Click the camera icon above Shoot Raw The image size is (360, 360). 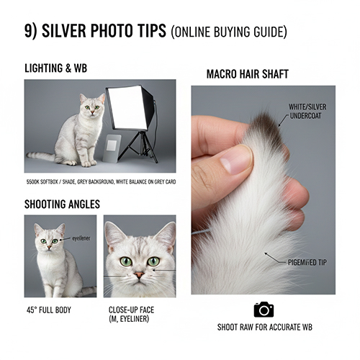tap(264, 309)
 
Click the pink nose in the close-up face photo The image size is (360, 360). tap(139, 275)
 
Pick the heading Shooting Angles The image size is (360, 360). tap(62, 204)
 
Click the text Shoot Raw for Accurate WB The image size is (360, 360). tap(264, 327)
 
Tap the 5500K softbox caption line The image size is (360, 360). tap(100, 181)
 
